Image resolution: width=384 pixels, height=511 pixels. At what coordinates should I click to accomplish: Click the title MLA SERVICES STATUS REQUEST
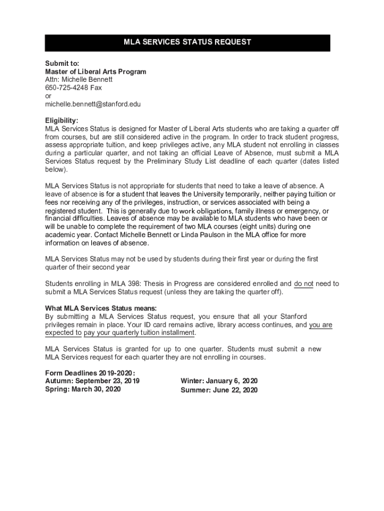pos(187,42)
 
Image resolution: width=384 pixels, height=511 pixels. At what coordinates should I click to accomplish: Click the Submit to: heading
pos(59,63)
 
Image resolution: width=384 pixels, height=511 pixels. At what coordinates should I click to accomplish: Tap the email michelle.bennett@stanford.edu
pos(93,104)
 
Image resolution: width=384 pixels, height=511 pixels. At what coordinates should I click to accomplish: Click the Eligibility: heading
pos(62,121)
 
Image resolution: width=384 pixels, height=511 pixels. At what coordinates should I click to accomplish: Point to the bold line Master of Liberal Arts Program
pos(96,72)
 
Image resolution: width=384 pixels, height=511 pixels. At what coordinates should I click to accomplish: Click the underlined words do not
pos(304,283)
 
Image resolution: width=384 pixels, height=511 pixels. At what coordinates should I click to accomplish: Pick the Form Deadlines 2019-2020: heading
pos(90,373)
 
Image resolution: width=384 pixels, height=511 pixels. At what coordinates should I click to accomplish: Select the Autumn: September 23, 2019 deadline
pos(92,381)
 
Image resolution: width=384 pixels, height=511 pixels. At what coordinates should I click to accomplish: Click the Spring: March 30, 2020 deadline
pos(83,390)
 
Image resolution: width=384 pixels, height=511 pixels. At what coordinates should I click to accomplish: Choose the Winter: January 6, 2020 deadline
pos(219,381)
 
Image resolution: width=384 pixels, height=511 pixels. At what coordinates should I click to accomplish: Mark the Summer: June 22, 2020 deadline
pos(219,390)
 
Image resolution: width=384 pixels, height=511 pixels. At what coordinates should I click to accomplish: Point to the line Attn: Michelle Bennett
pos(79,80)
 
